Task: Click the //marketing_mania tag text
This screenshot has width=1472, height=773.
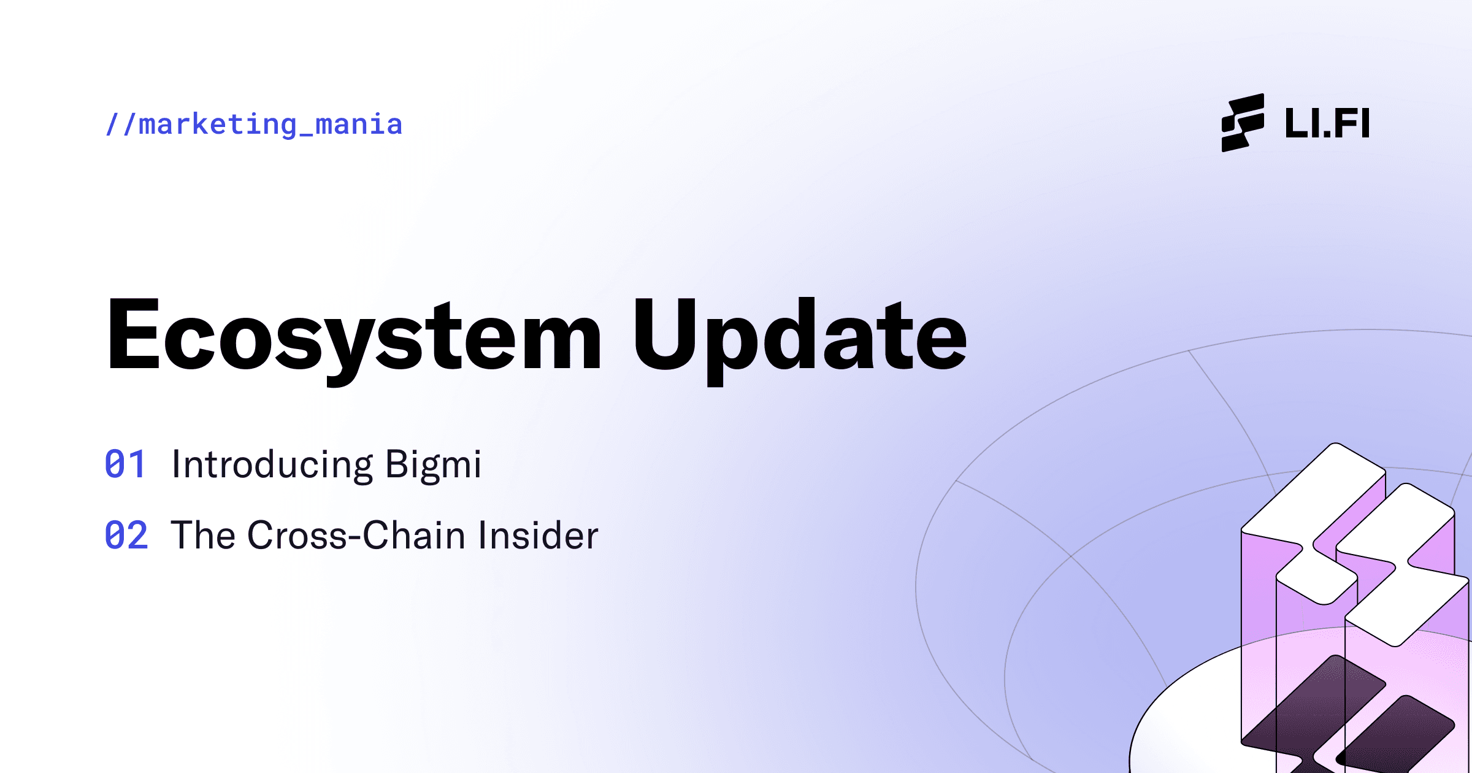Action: pyautogui.click(x=254, y=125)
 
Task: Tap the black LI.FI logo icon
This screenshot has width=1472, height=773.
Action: pyautogui.click(x=1243, y=123)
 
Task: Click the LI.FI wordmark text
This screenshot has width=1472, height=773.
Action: pyautogui.click(x=1327, y=123)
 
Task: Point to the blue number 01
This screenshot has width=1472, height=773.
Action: pyautogui.click(x=125, y=464)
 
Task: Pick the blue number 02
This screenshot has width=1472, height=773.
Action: pyautogui.click(x=126, y=536)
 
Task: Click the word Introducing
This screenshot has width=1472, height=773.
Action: pyautogui.click(x=272, y=465)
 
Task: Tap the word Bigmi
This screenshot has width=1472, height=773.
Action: pyautogui.click(x=433, y=465)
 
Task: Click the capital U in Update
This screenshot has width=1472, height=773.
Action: pyautogui.click(x=664, y=335)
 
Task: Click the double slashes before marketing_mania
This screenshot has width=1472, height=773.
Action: pyautogui.click(x=120, y=125)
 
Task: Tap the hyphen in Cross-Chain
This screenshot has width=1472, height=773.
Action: pyautogui.click(x=355, y=538)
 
